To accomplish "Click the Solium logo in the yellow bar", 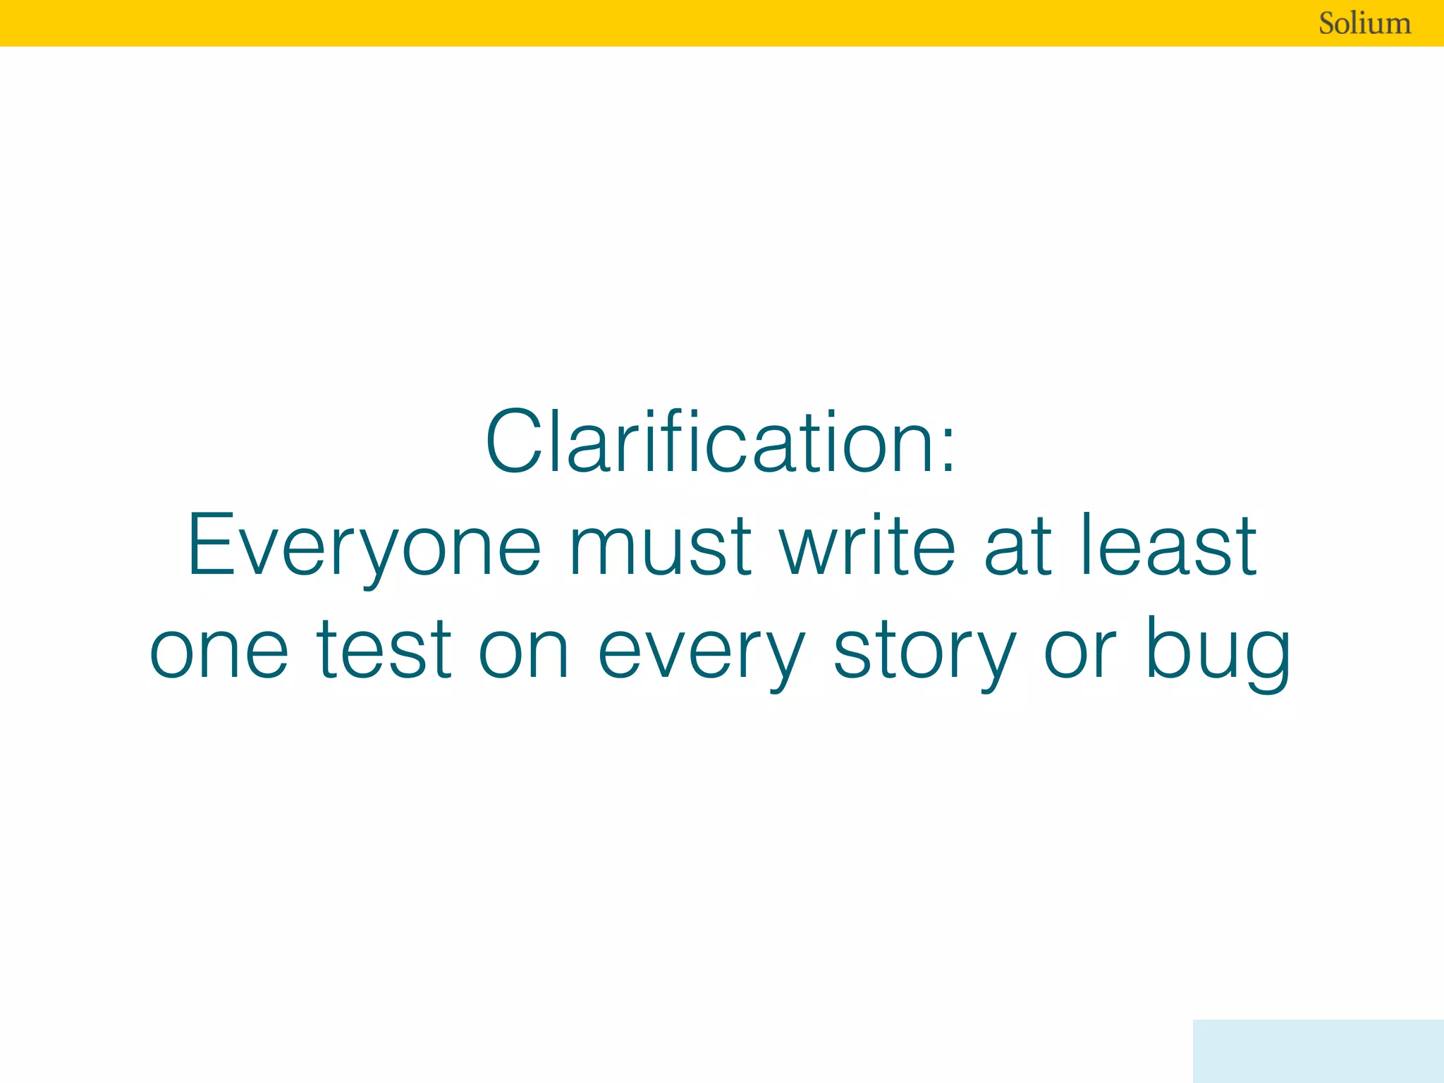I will click(x=1364, y=23).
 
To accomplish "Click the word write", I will click(x=867, y=544).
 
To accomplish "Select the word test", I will click(x=384, y=649).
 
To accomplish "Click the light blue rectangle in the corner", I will click(x=1318, y=1051).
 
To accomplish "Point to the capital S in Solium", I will click(x=1330, y=24).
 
